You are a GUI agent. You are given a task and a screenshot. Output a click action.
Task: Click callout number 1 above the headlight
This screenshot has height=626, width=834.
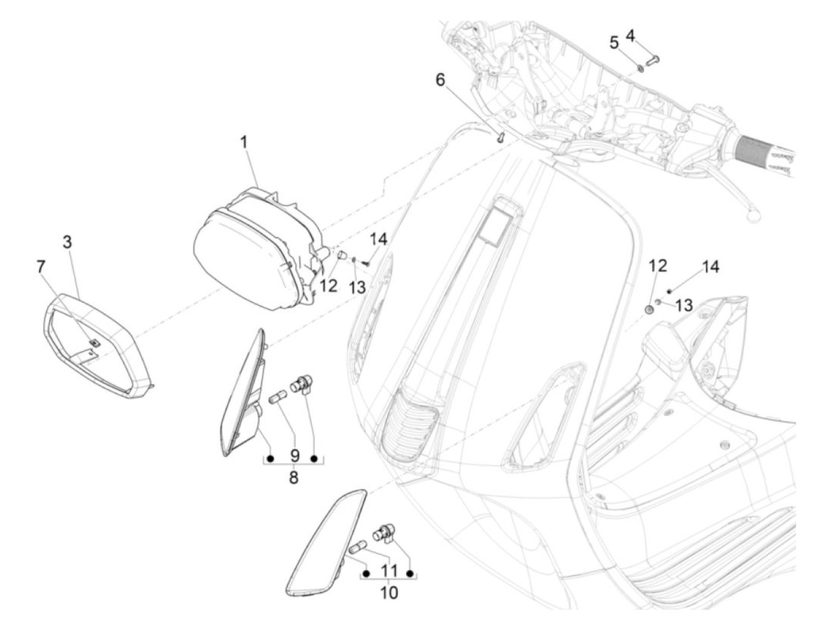(244, 143)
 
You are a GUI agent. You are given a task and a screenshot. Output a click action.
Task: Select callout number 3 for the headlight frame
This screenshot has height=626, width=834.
(67, 242)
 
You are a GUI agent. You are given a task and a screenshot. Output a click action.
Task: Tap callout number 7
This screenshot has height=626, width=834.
(41, 267)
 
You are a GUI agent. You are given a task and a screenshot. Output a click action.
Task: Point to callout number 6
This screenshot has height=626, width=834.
(440, 80)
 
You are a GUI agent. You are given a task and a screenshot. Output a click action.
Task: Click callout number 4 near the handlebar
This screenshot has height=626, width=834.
(630, 36)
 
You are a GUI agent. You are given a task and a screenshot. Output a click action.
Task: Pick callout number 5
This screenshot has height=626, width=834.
(614, 43)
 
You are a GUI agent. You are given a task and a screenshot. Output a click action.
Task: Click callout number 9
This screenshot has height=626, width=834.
(294, 456)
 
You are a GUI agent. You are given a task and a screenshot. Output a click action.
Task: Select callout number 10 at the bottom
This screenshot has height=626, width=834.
(388, 593)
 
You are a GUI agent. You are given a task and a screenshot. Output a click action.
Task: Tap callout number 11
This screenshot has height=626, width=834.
(388, 571)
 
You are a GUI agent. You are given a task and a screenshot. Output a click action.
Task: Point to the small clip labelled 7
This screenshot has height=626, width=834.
(94, 343)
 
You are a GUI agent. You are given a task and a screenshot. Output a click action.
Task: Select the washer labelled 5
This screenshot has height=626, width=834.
(640, 67)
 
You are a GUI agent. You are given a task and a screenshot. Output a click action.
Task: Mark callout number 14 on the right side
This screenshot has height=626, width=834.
(711, 267)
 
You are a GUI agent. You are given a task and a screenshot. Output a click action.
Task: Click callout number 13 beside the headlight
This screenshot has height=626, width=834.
(357, 287)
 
